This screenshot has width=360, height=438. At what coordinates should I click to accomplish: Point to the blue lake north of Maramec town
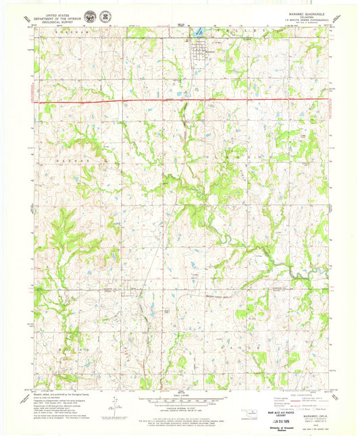[200, 32]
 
